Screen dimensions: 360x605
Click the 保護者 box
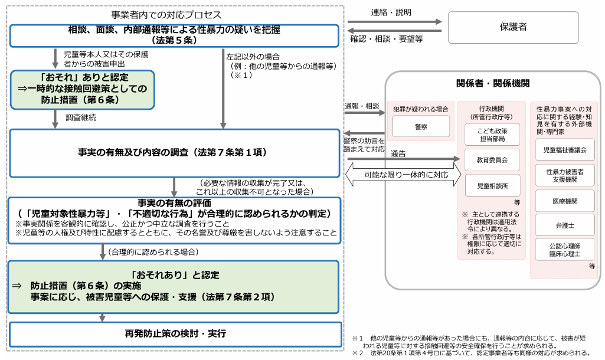tap(513, 27)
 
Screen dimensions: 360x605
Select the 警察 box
tap(420, 127)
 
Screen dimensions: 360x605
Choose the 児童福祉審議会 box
tap(565, 150)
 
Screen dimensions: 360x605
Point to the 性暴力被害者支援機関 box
tap(565, 175)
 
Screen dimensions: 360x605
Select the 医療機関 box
tap(565, 201)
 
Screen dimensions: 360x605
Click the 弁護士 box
tap(565, 225)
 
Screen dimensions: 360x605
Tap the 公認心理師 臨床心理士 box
tap(565, 250)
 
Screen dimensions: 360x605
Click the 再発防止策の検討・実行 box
tap(175, 334)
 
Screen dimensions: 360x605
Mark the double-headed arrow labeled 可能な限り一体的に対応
tap(404, 175)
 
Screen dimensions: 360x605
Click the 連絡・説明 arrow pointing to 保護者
tap(394, 22)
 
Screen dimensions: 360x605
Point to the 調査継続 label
tap(81, 117)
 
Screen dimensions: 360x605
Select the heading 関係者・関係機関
tap(493, 83)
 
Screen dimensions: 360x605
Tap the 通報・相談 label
tap(362, 106)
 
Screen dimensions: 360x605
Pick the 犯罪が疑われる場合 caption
tap(420, 109)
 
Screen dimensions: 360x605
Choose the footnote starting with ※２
tap(472, 353)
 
